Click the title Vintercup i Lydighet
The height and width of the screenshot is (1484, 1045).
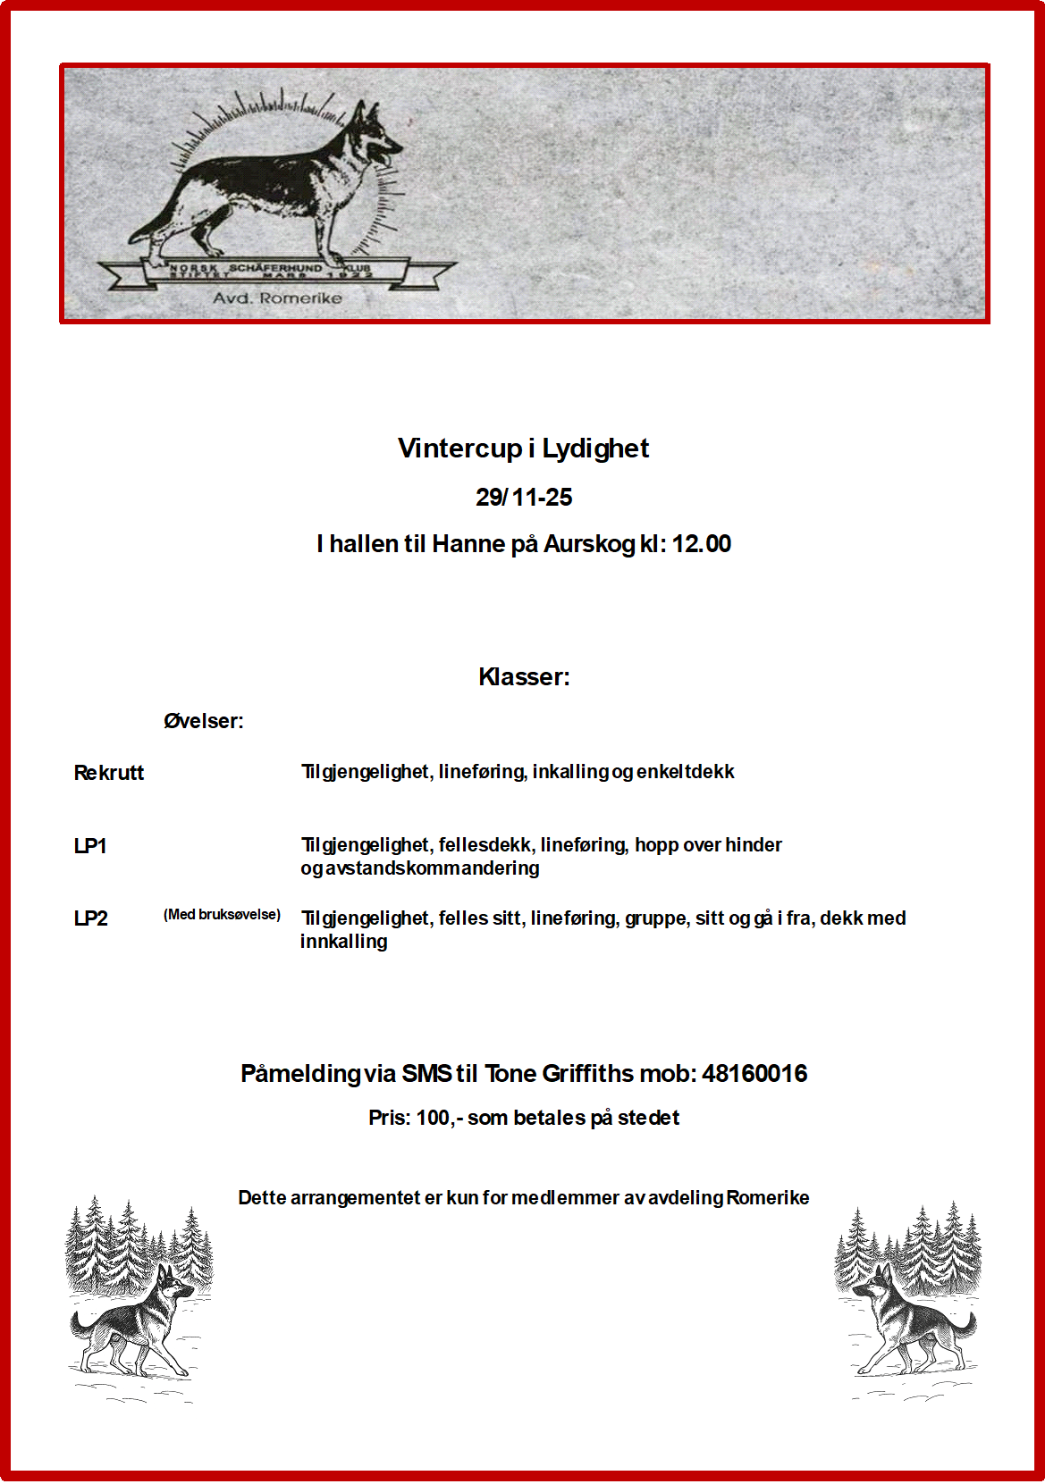(523, 449)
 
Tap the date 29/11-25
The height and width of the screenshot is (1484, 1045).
(524, 498)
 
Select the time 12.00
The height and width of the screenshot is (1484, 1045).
(702, 544)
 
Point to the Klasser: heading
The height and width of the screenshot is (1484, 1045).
(524, 677)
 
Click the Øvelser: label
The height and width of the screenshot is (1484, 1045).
(204, 722)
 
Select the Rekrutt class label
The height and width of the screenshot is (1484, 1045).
(109, 774)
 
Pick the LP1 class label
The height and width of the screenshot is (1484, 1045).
(90, 846)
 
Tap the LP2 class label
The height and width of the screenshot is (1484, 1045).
(91, 919)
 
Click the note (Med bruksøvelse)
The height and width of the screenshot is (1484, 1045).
(222, 915)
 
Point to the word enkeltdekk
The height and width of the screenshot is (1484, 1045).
(686, 772)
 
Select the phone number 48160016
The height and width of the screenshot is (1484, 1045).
(754, 1074)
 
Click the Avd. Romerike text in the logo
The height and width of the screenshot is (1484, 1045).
(277, 298)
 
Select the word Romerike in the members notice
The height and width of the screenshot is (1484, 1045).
(768, 1198)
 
